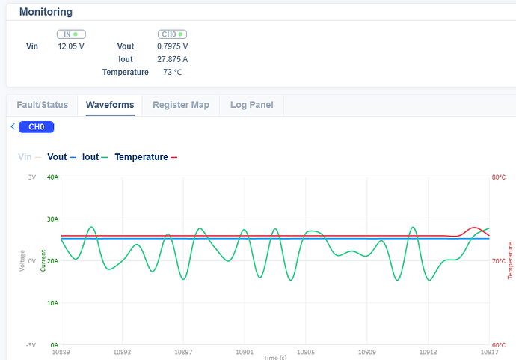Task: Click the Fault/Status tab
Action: click(43, 105)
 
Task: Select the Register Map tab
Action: click(181, 105)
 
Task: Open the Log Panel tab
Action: click(251, 105)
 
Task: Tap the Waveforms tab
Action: click(110, 105)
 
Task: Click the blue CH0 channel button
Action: click(37, 127)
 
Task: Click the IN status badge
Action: click(71, 34)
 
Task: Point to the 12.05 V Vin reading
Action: click(71, 46)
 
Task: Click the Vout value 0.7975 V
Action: click(173, 46)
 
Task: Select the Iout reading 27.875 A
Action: click(173, 59)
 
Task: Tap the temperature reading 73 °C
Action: click(173, 73)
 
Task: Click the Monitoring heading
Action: click(46, 12)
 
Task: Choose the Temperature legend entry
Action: click(141, 157)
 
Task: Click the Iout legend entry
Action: click(90, 157)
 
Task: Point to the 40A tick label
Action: click(52, 177)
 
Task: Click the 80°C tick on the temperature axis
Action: click(499, 177)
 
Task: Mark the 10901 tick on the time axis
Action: click(245, 351)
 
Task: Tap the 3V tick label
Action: click(32, 177)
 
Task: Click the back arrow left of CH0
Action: click(13, 127)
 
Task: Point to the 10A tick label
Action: click(52, 303)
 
